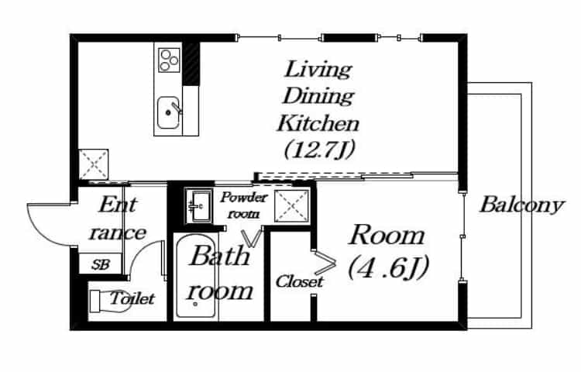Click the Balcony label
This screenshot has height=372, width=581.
click(521, 205)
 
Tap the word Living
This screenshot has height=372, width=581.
click(318, 70)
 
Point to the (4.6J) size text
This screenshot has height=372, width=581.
click(389, 267)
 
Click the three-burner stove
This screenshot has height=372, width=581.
click(169, 59)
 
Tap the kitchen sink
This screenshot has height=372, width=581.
click(169, 112)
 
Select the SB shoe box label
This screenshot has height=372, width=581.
click(101, 264)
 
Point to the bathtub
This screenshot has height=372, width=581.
click(196, 276)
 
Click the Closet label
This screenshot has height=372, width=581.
click(299, 281)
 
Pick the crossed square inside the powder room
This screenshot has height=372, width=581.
click(291, 206)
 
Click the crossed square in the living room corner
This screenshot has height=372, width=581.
click(94, 164)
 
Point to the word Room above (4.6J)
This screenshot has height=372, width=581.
click(387, 235)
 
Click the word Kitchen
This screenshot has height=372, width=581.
click(318, 123)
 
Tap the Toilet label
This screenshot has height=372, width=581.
click(132, 298)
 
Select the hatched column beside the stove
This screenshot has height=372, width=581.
click(191, 64)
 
